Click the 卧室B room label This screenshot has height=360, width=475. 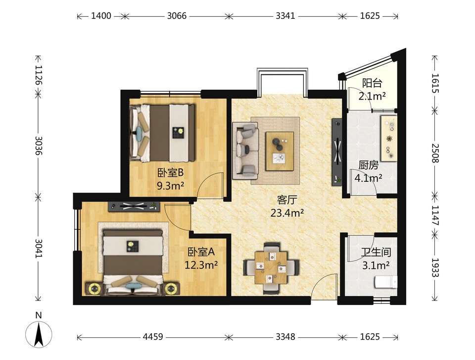pos(171,173)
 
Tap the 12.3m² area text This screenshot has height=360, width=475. pos(201,265)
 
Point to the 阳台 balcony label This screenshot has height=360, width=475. pos(372,83)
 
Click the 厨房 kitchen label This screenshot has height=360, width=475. pos(368,165)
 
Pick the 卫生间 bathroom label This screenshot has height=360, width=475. pos(376,252)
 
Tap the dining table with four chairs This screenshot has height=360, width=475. pos(271,268)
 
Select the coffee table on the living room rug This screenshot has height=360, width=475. pos(280,151)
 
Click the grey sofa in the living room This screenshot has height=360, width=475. pos(245,151)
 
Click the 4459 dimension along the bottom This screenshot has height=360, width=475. pos(153,337)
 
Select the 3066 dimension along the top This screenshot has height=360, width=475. pos(177,15)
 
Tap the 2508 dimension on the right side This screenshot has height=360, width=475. pos(435,153)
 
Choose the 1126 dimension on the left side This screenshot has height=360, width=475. pos(39,75)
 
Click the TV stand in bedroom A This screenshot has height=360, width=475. pos(134,206)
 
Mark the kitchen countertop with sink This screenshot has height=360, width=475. pos(389,138)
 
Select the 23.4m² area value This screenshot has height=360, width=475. pos(287,213)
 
